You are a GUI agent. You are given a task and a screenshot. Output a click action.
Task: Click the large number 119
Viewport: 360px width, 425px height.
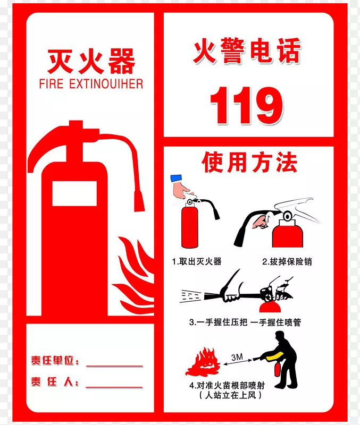pos(246,105)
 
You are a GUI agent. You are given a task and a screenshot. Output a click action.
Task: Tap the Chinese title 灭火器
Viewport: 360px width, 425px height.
pos(91,61)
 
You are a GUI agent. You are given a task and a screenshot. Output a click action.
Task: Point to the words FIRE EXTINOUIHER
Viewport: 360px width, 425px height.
pos(91,83)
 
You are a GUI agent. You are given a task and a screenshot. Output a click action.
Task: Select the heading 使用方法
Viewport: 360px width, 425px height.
pos(249,163)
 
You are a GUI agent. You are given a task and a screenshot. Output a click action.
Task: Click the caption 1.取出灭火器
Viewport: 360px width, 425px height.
pos(196,261)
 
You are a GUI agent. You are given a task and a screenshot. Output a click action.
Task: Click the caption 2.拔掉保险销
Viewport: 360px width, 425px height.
pos(287,261)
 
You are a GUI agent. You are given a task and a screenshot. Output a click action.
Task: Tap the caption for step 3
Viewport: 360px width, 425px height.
pos(245,322)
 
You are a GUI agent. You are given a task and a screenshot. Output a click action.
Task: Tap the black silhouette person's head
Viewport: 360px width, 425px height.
pos(279,336)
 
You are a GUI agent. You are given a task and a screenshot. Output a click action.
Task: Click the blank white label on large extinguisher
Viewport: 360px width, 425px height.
pos(74,193)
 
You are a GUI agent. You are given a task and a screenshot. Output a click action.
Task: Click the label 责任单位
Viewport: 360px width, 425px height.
pos(55,362)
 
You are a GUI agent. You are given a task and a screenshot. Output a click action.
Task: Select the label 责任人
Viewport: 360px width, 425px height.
pos(55,381)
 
